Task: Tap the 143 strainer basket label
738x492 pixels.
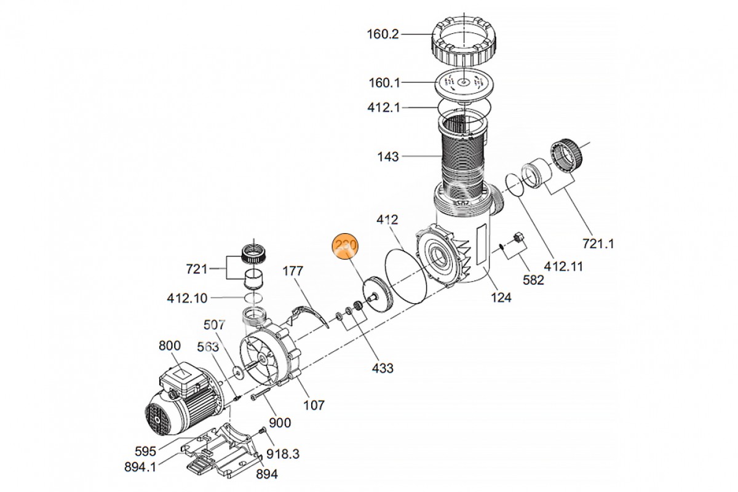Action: pyautogui.click(x=388, y=157)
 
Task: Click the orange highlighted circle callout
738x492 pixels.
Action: pyautogui.click(x=345, y=247)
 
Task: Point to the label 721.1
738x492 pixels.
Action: pyautogui.click(x=599, y=244)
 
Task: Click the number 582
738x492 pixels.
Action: pyautogui.click(x=533, y=280)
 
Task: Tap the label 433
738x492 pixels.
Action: pyautogui.click(x=382, y=368)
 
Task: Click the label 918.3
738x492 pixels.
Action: pyautogui.click(x=283, y=454)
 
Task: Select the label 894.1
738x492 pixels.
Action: pyautogui.click(x=140, y=467)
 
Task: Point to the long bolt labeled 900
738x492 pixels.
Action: pyautogui.click(x=261, y=395)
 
